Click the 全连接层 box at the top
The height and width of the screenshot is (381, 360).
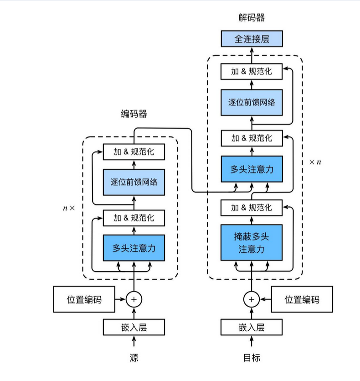pos(252,39)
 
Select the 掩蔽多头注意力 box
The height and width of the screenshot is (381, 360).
pos(252,242)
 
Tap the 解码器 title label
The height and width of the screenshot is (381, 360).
pos(252,17)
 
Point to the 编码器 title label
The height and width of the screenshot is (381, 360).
pos(134,114)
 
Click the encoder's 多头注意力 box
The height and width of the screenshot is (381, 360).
pos(134,248)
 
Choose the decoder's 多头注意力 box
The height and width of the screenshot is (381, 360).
pos(252,169)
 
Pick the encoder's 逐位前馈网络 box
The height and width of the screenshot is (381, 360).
pos(134,182)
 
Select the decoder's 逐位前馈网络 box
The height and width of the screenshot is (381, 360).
pos(252,102)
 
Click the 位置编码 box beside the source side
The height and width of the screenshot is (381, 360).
pos(84,299)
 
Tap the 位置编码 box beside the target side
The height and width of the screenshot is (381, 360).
pos(302,299)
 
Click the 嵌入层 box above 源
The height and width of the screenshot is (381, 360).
pos(134,327)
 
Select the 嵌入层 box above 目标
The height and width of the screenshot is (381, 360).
pos(252,327)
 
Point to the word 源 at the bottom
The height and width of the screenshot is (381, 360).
pos(134,358)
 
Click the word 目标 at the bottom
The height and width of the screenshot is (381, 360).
pos(252,358)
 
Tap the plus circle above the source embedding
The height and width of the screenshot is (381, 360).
pos(134,299)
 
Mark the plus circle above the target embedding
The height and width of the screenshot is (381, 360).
pos(252,299)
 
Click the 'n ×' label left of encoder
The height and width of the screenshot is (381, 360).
pos(69,208)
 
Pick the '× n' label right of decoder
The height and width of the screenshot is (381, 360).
pos(315,162)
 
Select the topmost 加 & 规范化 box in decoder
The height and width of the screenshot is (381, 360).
pos(252,72)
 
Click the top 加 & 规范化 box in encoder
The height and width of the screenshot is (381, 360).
pos(134,152)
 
